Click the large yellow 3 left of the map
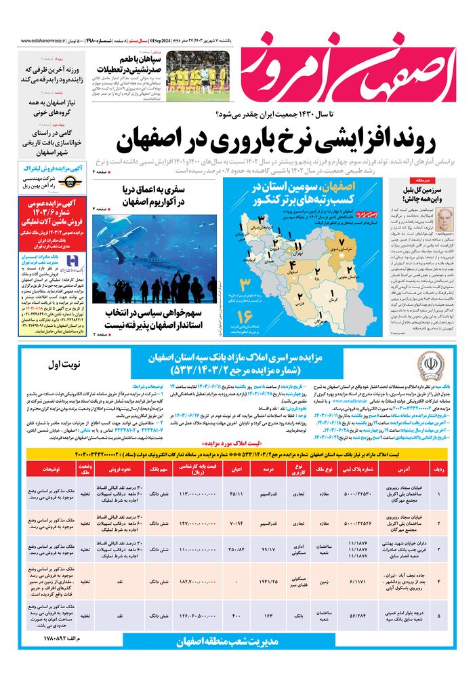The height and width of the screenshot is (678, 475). click(246, 282)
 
